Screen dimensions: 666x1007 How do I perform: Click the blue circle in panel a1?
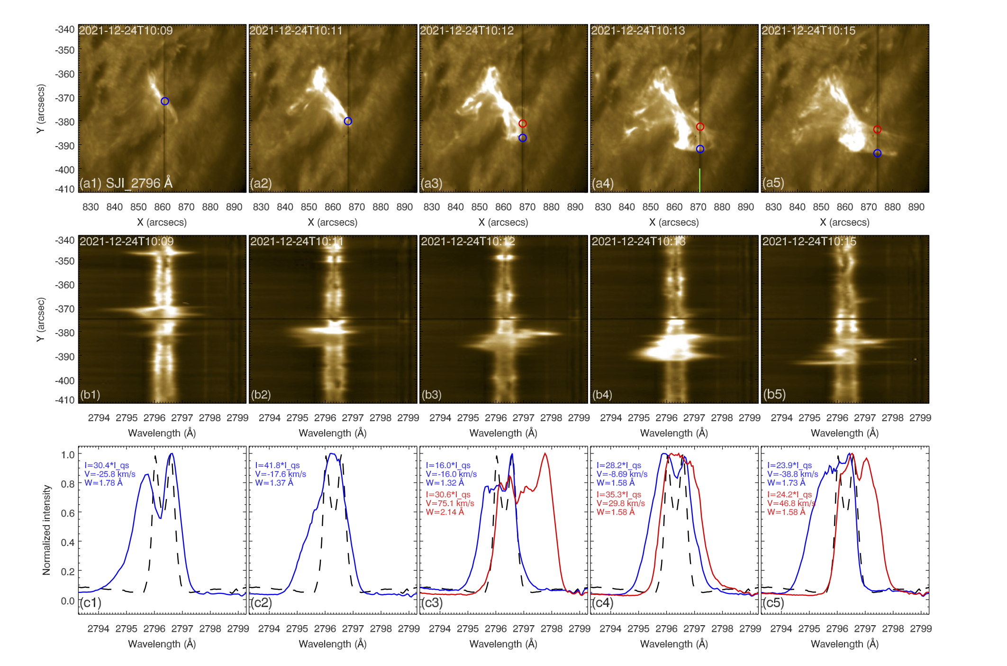[164, 101]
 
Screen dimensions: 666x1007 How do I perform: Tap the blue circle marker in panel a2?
[348, 121]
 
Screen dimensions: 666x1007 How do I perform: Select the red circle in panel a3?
[522, 123]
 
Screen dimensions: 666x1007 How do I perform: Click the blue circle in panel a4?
[700, 149]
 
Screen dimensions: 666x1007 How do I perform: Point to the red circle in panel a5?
[877, 129]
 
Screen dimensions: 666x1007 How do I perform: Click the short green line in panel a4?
[699, 180]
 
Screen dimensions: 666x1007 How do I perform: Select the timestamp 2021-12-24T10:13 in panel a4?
[638, 31]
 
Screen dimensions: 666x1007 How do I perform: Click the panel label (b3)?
[431, 395]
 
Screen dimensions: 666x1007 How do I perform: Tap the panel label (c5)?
[773, 602]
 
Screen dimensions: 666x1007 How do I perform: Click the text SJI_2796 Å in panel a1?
[139, 183]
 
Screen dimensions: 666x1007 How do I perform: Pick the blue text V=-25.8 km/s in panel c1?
[110, 474]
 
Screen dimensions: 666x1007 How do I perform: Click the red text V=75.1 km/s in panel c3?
[450, 503]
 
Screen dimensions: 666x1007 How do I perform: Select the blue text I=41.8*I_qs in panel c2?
[277, 465]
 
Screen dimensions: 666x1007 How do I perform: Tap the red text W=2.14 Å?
[445, 512]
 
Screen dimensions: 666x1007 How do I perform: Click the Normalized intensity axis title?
[46, 530]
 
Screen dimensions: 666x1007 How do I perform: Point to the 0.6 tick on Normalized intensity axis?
[68, 513]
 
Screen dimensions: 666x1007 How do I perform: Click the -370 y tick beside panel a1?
[64, 98]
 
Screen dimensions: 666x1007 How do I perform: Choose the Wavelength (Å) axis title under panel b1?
[162, 433]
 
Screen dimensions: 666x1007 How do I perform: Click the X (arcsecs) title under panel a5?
[844, 222]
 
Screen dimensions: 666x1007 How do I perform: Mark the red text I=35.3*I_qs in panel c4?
[619, 495]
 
